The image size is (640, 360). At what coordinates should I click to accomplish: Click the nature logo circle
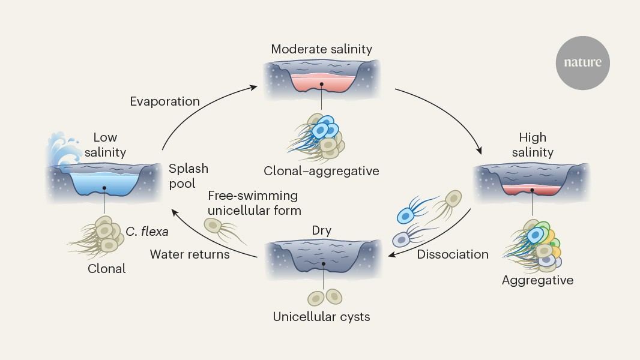[x=582, y=62]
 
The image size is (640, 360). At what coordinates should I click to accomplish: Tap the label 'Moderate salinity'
[x=322, y=49]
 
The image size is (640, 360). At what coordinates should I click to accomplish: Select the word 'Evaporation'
[x=165, y=101]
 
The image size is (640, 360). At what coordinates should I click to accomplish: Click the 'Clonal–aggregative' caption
[x=322, y=171]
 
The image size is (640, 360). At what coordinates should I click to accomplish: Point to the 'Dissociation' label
[x=453, y=254]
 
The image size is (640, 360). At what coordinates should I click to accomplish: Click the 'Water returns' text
[x=190, y=254]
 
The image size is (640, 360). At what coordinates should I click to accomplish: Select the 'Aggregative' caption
[x=538, y=280]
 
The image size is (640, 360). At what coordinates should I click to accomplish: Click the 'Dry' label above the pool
[x=322, y=230]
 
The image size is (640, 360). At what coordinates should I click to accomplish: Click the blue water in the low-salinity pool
[x=104, y=182]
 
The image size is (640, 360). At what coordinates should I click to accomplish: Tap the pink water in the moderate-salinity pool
[x=322, y=83]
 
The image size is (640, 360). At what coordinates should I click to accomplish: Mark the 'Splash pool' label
[x=189, y=176]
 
